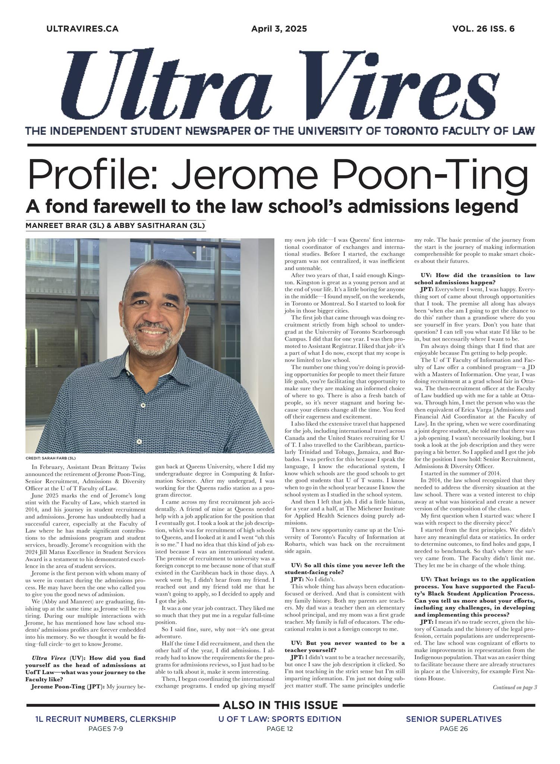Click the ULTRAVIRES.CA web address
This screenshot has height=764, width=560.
[82, 29]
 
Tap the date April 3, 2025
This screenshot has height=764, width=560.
[279, 29]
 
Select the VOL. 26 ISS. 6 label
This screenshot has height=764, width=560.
[483, 29]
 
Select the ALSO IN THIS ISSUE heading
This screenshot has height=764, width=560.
[280, 705]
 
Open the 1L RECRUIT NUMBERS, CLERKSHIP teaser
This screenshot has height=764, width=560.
[106, 719]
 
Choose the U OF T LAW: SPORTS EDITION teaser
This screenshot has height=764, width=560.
[280, 719]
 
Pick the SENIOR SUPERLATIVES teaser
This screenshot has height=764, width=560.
[453, 719]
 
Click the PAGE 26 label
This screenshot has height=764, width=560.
[453, 729]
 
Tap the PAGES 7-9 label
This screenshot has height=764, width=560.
[106, 729]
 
